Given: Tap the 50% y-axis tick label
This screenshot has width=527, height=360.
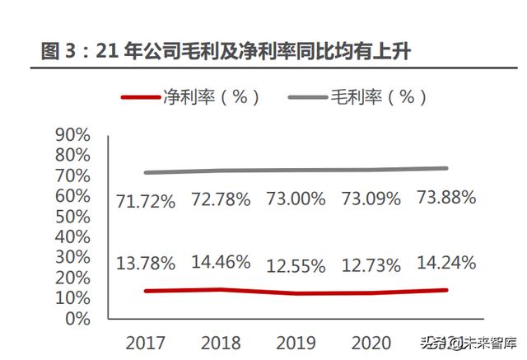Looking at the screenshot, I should [x=72, y=217].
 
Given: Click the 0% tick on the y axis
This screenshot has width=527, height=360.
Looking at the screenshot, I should [x=77, y=319].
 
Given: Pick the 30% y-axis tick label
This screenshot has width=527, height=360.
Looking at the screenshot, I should [x=72, y=257].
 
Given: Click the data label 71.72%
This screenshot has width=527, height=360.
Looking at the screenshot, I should [x=146, y=200].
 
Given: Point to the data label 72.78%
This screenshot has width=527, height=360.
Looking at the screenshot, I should [x=221, y=199].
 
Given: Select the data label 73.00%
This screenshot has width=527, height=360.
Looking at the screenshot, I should [x=296, y=199].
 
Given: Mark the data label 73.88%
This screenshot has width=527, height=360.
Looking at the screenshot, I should [x=446, y=197].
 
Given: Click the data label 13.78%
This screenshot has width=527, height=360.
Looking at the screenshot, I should [x=146, y=264].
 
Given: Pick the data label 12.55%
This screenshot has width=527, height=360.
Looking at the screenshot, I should [x=296, y=265].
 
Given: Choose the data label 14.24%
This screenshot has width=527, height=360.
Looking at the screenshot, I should [x=446, y=264].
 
